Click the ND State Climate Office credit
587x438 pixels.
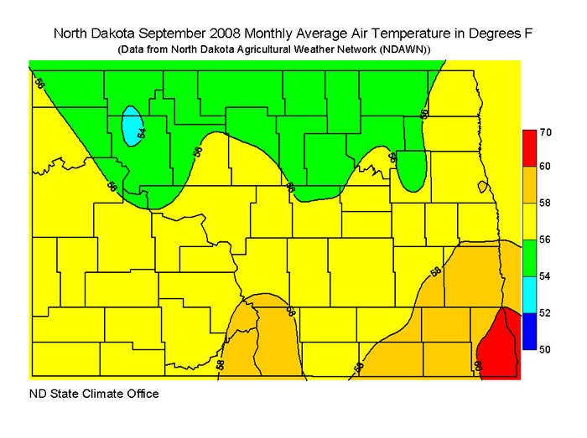94,394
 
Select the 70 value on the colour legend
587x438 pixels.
545,132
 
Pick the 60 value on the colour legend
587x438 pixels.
545,167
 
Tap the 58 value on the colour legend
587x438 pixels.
545,204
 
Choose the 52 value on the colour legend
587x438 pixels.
545,312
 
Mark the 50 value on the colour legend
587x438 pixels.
545,348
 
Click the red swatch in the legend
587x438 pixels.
528,148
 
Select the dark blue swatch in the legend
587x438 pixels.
528,330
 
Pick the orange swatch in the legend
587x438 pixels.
528,184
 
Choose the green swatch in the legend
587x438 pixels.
528,257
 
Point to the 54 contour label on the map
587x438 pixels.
142,132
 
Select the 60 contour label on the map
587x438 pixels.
480,365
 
